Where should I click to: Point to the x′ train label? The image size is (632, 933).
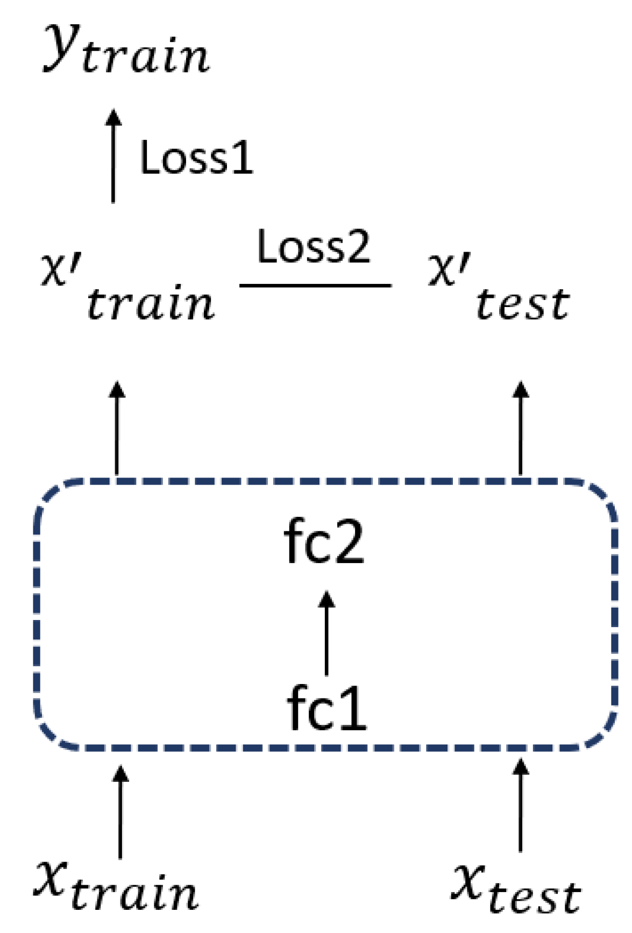tap(128, 288)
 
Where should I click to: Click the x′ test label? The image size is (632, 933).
tap(499, 288)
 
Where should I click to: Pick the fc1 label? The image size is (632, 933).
tap(326, 708)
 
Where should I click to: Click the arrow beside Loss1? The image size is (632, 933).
tap(113, 156)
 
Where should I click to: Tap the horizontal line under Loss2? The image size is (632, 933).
tap(315, 285)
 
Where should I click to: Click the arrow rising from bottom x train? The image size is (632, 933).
tap(120, 812)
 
